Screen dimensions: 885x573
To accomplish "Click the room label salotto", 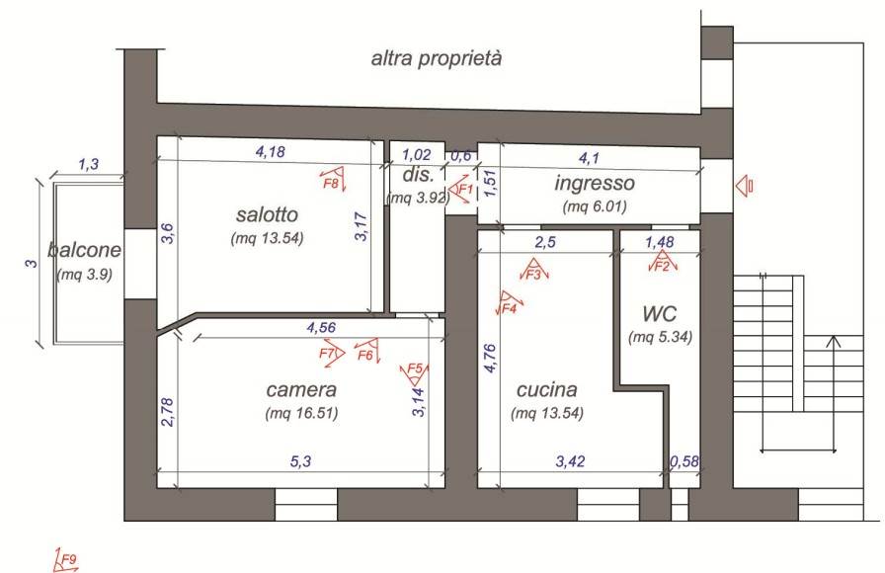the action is point(267,214).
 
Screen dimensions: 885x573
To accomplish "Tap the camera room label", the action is point(301,389).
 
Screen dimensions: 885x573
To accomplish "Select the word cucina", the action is point(547,389).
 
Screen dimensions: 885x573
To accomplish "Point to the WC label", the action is point(659,313).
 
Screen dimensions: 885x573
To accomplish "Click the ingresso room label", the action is point(595,183).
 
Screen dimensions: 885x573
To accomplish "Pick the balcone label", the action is point(85,250).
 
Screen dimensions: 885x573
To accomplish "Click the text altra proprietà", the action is point(437,58).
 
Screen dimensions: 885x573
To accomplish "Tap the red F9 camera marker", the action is point(66,560).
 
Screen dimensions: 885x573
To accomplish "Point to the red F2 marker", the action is point(662,263).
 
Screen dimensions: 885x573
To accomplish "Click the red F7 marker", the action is point(331,354).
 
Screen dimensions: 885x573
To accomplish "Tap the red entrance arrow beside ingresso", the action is point(744,185).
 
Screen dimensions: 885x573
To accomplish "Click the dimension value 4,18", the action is point(271,151).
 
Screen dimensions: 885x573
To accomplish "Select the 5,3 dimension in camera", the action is point(301,461).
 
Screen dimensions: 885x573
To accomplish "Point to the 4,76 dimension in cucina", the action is point(490,358).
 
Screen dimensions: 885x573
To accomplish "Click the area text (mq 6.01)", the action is point(595,206).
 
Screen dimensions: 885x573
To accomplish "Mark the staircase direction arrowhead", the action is point(833,341).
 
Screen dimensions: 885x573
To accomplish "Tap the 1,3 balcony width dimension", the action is point(88,164).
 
